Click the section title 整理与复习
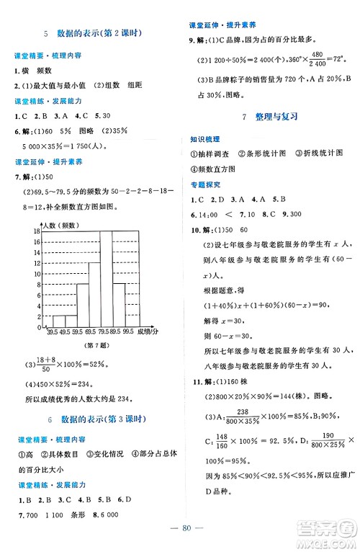pos(271,116)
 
